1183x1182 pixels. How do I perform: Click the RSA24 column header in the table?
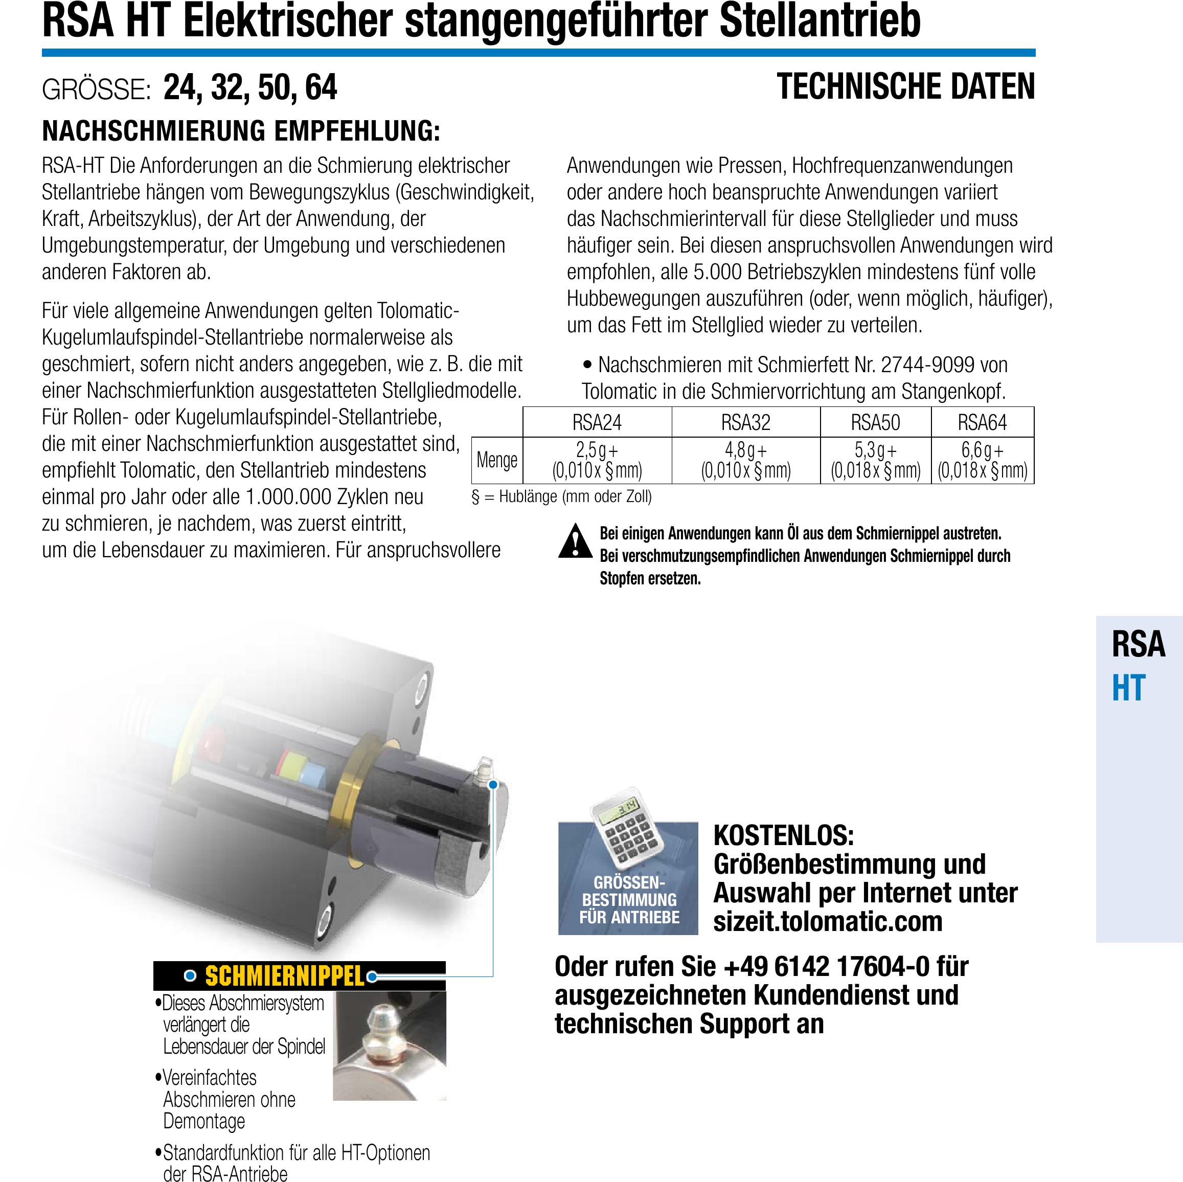(x=597, y=422)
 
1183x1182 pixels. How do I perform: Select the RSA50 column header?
(x=875, y=422)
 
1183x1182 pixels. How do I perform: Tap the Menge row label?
(x=496, y=460)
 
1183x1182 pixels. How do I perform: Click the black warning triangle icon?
(x=575, y=541)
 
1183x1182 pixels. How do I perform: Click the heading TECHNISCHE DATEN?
(x=905, y=87)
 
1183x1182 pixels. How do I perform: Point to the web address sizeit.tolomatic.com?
(x=827, y=922)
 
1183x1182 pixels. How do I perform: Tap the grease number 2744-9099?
(x=927, y=365)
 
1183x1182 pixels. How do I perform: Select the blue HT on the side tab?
(x=1128, y=688)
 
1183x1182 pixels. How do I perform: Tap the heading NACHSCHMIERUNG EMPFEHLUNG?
(x=241, y=131)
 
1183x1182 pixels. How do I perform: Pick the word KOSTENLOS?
(x=783, y=835)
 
